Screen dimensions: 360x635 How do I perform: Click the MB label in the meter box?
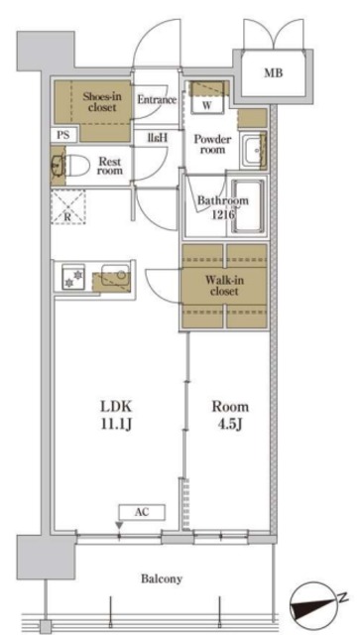point(274,73)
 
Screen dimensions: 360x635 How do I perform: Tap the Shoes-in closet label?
point(99,102)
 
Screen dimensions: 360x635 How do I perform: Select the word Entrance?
point(157,99)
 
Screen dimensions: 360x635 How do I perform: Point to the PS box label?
point(62,135)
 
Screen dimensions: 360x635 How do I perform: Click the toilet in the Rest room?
point(76,165)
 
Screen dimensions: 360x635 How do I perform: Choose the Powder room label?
point(212,145)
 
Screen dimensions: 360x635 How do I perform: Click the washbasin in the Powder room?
point(253,150)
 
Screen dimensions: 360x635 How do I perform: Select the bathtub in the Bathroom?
point(248,206)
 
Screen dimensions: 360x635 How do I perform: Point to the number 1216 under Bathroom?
point(221,214)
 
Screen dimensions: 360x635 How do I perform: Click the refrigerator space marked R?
point(68,206)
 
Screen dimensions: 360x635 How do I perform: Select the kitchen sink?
point(115,276)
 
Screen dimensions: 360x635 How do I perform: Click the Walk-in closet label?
point(224,286)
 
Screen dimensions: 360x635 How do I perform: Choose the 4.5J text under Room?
point(230,425)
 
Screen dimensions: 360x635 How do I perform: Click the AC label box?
point(142,512)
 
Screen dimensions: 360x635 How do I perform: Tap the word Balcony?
point(162,578)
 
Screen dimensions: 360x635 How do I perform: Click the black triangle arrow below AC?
point(119,525)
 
